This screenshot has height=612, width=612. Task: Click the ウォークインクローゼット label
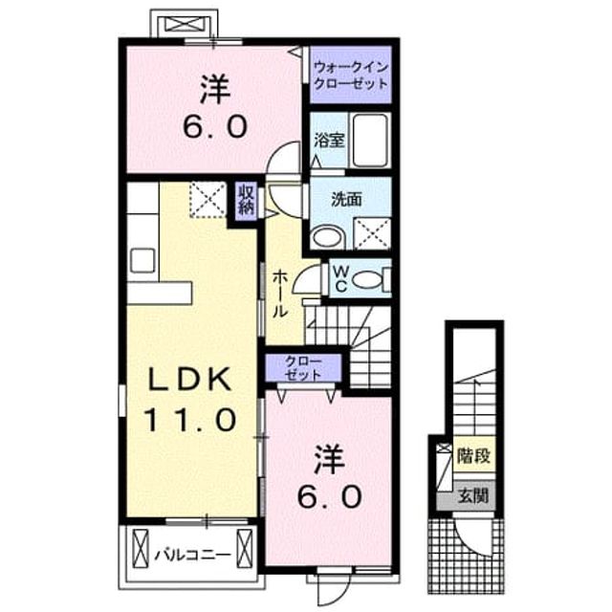351,76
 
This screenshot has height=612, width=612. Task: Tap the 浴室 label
329,141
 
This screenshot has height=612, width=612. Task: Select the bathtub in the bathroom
370,141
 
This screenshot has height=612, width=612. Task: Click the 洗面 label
346,200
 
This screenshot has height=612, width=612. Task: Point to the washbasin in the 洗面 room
327,237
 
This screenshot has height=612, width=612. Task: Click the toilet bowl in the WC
366,280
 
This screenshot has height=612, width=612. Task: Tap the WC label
340,278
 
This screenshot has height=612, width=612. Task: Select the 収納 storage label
247,199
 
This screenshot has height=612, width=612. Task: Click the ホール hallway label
279,293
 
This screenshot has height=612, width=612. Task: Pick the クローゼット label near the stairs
303,367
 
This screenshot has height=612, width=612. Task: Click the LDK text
190,379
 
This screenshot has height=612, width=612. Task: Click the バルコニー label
193,555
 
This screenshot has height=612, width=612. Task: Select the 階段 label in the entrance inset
474,455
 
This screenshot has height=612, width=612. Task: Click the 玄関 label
474,495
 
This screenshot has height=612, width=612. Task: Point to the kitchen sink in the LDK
142,260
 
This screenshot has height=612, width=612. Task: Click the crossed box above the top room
185,25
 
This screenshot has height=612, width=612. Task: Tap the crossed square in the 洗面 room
372,233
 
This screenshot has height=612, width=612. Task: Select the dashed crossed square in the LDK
208,200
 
